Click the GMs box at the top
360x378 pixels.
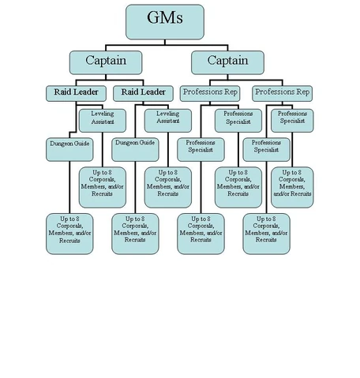[165, 21]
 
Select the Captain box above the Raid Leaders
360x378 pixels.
[105, 62]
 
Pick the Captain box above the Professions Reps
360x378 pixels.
[227, 62]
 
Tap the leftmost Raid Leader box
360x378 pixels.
[76, 93]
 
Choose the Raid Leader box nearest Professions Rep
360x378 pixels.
[142, 93]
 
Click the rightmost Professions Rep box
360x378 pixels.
[282, 93]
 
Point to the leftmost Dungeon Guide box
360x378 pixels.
[69, 145]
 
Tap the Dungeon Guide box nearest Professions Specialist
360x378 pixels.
[135, 145]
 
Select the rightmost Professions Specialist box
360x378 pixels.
[293, 119]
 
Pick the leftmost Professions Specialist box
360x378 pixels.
[201, 148]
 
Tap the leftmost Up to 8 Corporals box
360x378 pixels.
[69, 233]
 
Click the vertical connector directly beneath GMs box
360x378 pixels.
[165, 45]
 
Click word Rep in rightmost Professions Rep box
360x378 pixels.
[302, 93]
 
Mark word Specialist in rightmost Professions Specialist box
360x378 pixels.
[293, 123]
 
